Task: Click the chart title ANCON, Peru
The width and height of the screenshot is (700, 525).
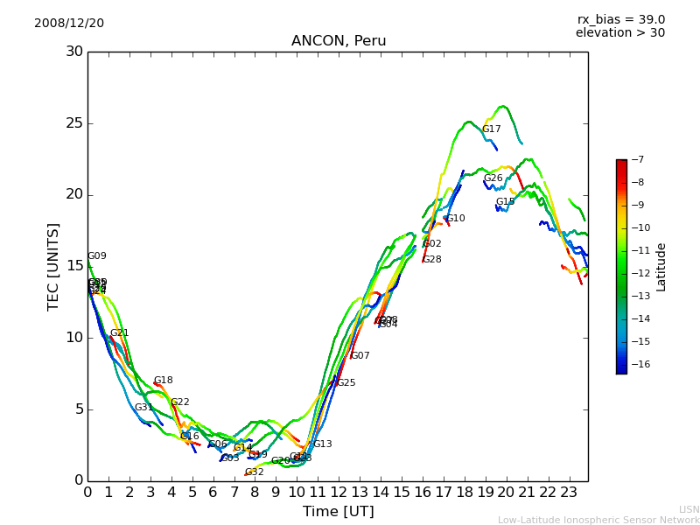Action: click(x=339, y=41)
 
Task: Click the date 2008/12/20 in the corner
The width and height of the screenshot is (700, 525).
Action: click(x=69, y=24)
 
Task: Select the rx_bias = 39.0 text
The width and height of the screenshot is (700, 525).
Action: click(x=620, y=20)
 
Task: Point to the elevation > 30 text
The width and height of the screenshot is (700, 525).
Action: click(x=619, y=33)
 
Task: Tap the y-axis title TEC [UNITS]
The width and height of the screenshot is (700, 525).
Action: click(x=54, y=266)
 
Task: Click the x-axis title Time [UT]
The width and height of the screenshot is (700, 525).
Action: click(x=338, y=511)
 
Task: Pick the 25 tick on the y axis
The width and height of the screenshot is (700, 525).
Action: click(x=74, y=123)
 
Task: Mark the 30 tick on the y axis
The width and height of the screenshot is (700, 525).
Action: click(x=74, y=52)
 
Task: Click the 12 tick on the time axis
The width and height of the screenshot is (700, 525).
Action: click(x=339, y=492)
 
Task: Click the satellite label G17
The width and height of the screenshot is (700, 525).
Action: click(x=492, y=129)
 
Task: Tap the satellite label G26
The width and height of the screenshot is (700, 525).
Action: click(x=493, y=178)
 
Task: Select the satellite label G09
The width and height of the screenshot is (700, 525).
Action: click(x=97, y=256)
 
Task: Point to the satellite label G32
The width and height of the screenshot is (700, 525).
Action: click(x=255, y=472)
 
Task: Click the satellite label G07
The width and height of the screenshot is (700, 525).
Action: click(x=360, y=356)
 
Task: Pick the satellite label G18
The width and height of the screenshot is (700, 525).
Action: click(x=164, y=381)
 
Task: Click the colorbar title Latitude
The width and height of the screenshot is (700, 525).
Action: click(x=661, y=267)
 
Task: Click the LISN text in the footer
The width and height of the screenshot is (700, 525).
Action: click(x=689, y=509)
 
